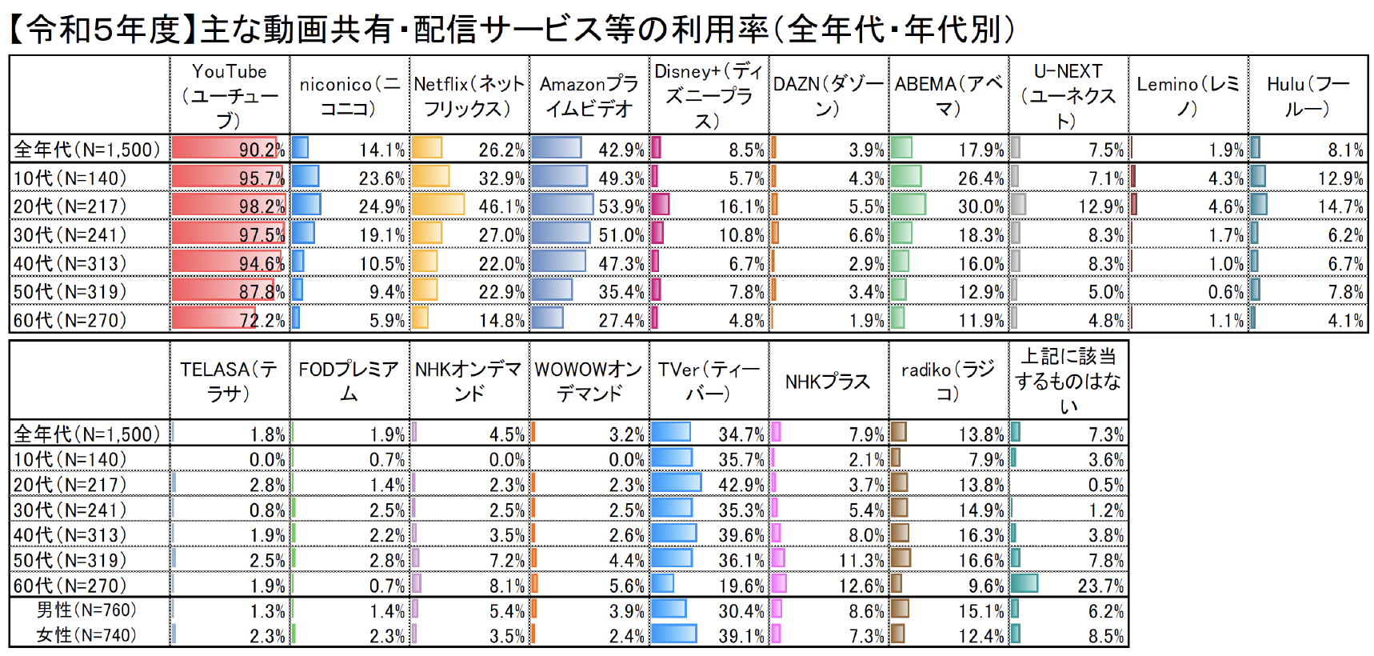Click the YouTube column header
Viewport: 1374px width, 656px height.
(230, 95)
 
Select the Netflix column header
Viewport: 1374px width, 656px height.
(469, 95)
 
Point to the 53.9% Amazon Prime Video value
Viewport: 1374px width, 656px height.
(621, 206)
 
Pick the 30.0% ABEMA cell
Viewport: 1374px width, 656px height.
(981, 206)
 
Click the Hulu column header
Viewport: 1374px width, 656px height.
(1308, 95)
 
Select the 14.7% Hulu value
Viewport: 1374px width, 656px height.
(1340, 206)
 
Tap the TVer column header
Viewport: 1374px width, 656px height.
(709, 381)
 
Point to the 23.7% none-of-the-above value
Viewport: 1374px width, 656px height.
(1100, 586)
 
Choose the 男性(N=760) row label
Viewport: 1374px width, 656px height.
(86, 610)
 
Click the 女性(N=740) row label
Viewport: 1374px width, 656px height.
(86, 635)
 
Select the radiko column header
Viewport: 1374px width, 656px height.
(949, 381)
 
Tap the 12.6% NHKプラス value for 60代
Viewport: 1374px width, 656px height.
(861, 586)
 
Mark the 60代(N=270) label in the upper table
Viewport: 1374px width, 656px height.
(70, 320)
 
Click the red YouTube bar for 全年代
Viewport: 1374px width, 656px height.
(224, 148)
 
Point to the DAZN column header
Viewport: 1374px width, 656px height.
(829, 95)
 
